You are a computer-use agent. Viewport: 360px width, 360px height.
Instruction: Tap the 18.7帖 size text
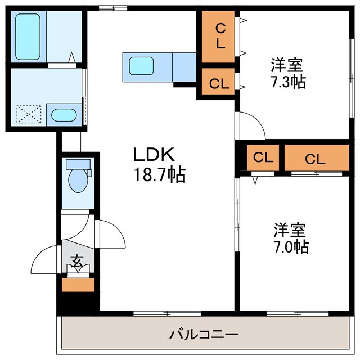pyautogui.click(x=159, y=175)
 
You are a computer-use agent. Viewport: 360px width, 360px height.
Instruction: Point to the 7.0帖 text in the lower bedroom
pyautogui.click(x=291, y=247)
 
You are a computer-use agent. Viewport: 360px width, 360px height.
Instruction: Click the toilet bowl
pyautogui.click(x=75, y=179)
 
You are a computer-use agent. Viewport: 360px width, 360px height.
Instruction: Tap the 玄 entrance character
pyautogui.click(x=76, y=262)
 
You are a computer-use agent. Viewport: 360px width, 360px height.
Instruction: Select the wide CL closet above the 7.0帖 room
pyautogui.click(x=315, y=159)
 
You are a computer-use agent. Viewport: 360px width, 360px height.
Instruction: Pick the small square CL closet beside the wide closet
pyautogui.click(x=263, y=158)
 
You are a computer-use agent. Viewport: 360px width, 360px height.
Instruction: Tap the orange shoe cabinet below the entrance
pyautogui.click(x=78, y=285)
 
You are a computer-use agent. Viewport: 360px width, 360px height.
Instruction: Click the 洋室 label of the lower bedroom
pyautogui.click(x=290, y=229)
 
